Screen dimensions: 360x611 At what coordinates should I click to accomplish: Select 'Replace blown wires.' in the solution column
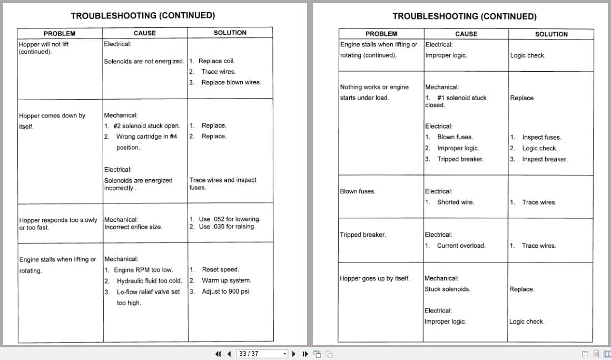pyautogui.click(x=231, y=82)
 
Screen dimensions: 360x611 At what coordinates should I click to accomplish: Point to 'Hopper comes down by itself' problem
pyautogui.click(x=52, y=116)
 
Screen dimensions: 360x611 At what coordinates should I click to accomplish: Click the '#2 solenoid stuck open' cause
pyautogui.click(x=146, y=126)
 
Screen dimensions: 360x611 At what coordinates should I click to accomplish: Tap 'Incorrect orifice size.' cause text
pyautogui.click(x=133, y=227)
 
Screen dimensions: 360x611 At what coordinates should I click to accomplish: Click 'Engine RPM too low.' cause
pyautogui.click(x=143, y=270)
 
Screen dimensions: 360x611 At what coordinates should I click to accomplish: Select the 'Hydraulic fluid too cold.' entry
pyautogui.click(x=149, y=281)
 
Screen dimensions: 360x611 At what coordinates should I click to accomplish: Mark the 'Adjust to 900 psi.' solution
pyautogui.click(x=226, y=291)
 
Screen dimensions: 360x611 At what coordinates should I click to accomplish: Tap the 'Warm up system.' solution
pyautogui.click(x=226, y=281)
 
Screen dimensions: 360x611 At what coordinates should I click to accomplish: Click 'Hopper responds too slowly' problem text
pyautogui.click(x=58, y=220)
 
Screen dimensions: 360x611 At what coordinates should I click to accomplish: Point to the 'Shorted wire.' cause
pyautogui.click(x=455, y=202)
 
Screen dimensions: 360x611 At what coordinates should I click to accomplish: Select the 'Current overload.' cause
pyautogui.click(x=461, y=246)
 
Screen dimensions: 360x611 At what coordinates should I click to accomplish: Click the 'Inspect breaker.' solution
pyautogui.click(x=545, y=159)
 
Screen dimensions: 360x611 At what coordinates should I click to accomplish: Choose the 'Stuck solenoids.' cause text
pyautogui.click(x=447, y=289)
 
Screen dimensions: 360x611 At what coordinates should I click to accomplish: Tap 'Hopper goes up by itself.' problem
pyautogui.click(x=374, y=278)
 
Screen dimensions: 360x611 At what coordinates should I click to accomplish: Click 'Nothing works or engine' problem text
pyautogui.click(x=374, y=87)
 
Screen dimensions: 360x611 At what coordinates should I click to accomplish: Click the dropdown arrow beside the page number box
pyautogui.click(x=285, y=354)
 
